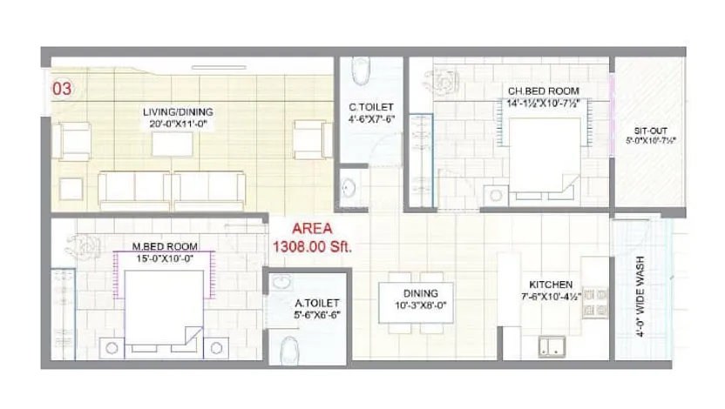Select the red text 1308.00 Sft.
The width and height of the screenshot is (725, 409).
[313, 247]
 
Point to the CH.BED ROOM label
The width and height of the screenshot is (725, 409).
[545, 90]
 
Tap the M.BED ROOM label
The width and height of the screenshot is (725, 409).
[161, 245]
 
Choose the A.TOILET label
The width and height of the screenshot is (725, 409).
[317, 304]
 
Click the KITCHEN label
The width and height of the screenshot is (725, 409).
[551, 285]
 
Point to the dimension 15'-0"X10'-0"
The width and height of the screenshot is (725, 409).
[161, 258]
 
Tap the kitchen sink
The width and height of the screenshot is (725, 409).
[551, 345]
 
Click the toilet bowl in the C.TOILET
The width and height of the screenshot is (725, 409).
[362, 70]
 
